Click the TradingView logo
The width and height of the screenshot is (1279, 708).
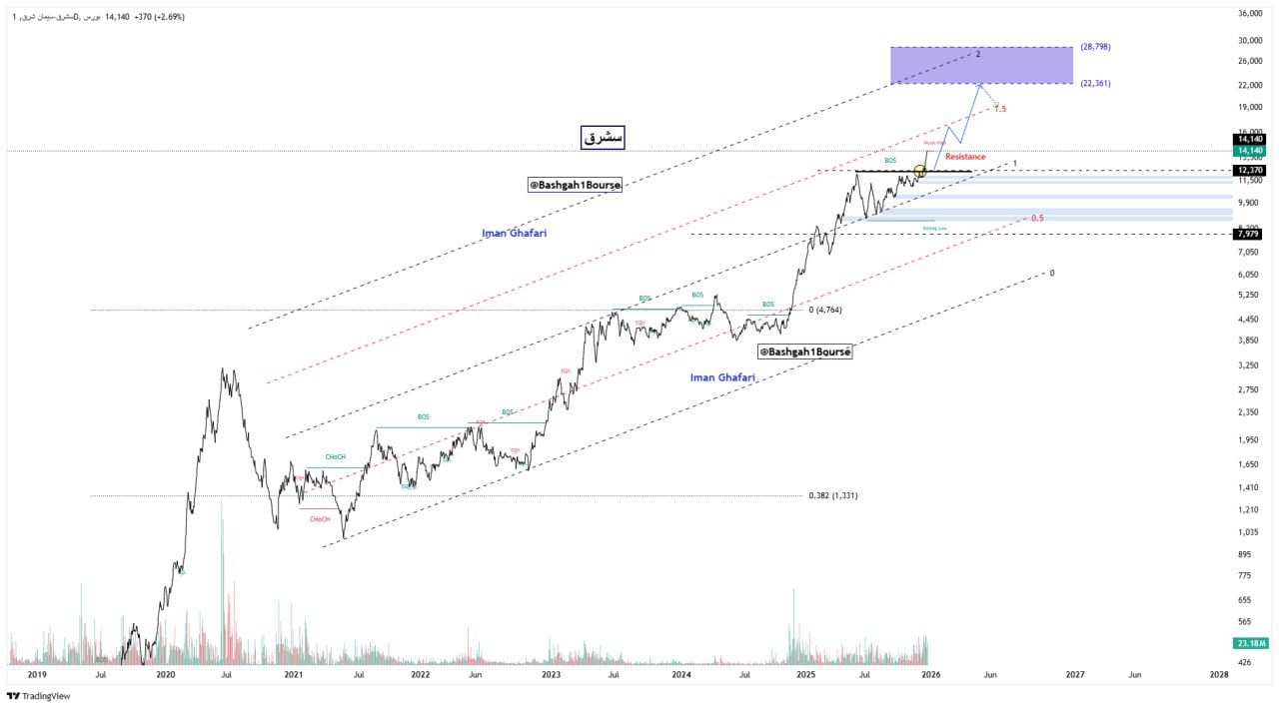coord(39,696)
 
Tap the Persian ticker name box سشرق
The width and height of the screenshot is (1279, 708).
coord(603,138)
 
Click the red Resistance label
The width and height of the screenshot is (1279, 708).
coord(965,157)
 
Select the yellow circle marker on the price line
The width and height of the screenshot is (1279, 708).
coord(920,172)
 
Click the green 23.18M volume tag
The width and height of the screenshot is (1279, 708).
coord(1250,642)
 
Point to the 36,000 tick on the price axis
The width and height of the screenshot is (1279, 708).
coord(1250,14)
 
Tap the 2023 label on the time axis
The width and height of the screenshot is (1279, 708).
coord(551,674)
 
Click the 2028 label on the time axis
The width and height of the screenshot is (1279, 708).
coord(1219,674)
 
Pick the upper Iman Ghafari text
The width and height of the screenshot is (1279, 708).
coord(515,233)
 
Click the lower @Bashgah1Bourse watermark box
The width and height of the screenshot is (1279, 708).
coord(804,352)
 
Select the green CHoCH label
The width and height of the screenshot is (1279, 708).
coord(335,457)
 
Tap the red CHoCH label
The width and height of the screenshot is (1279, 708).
coord(320,519)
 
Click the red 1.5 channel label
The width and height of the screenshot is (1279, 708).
coord(999,109)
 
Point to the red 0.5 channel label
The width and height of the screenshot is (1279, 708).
coord(1037,218)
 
